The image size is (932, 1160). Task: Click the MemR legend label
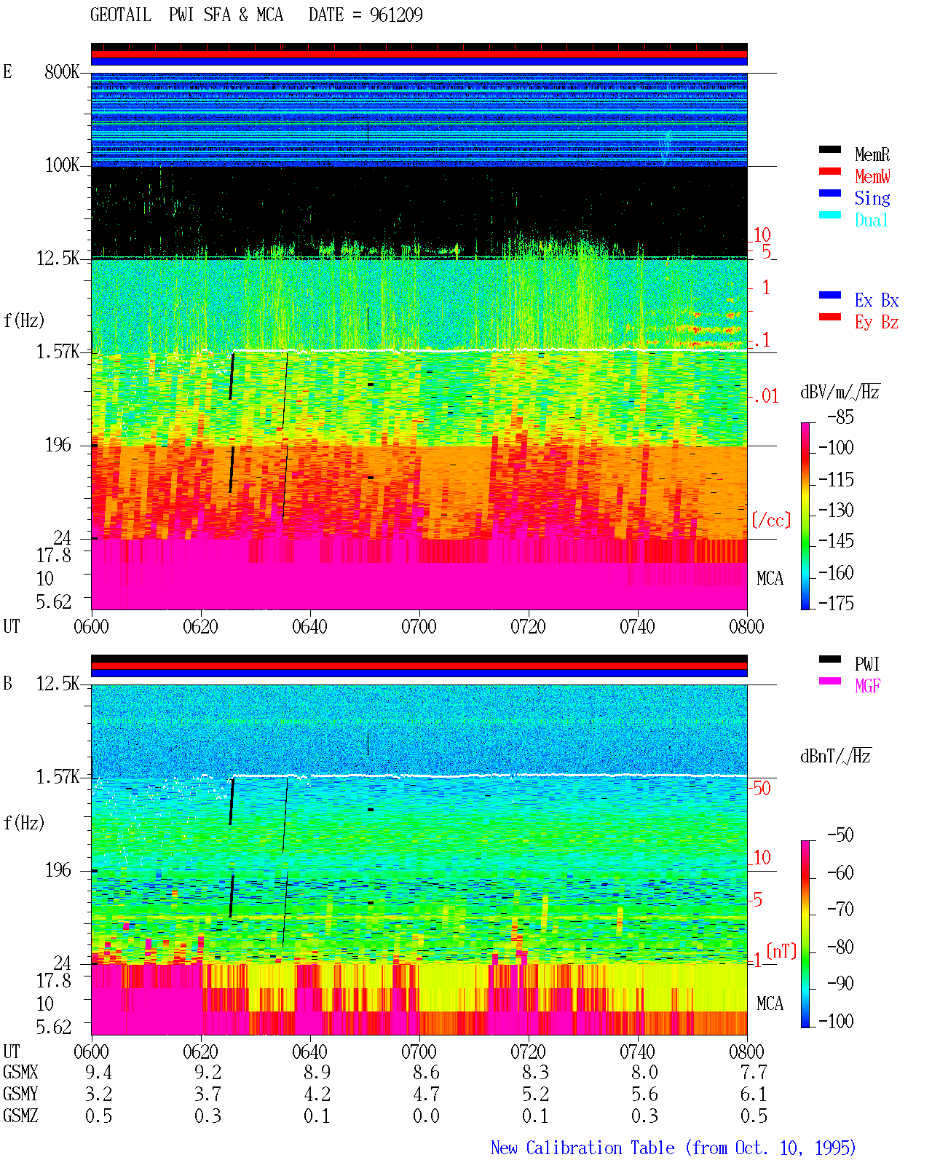872,154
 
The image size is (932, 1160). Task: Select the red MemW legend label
872,176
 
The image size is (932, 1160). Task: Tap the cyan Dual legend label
871,220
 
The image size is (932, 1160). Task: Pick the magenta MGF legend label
867,686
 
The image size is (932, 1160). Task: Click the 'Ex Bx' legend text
877,300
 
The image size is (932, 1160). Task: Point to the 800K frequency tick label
62,71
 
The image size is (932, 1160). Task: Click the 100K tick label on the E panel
62,165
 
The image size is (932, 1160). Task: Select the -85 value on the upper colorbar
840,417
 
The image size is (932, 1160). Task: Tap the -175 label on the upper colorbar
836,603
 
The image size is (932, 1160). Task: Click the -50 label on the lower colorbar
840,835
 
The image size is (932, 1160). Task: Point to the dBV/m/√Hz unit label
840,392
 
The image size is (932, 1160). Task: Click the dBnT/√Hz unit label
835,757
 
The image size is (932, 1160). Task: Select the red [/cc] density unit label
771,520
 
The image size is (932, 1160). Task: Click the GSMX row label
20,1072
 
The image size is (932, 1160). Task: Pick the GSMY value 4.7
426,1094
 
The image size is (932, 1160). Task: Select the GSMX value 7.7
754,1072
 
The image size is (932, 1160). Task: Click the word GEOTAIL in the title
121,15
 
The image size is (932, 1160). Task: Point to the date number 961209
396,15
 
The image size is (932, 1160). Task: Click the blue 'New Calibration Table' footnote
582,1148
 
